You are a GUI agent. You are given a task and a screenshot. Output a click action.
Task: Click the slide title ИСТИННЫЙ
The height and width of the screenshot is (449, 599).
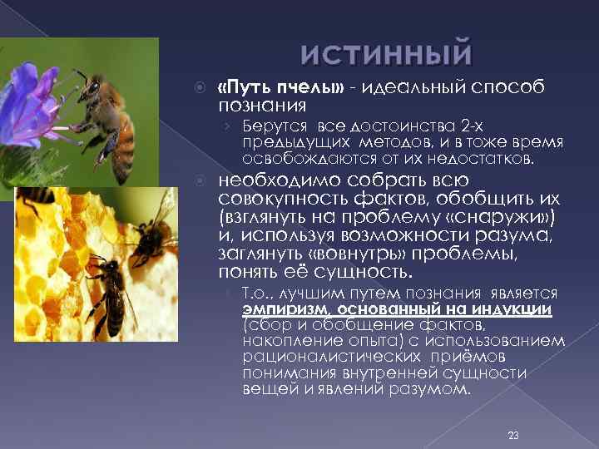(386, 56)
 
